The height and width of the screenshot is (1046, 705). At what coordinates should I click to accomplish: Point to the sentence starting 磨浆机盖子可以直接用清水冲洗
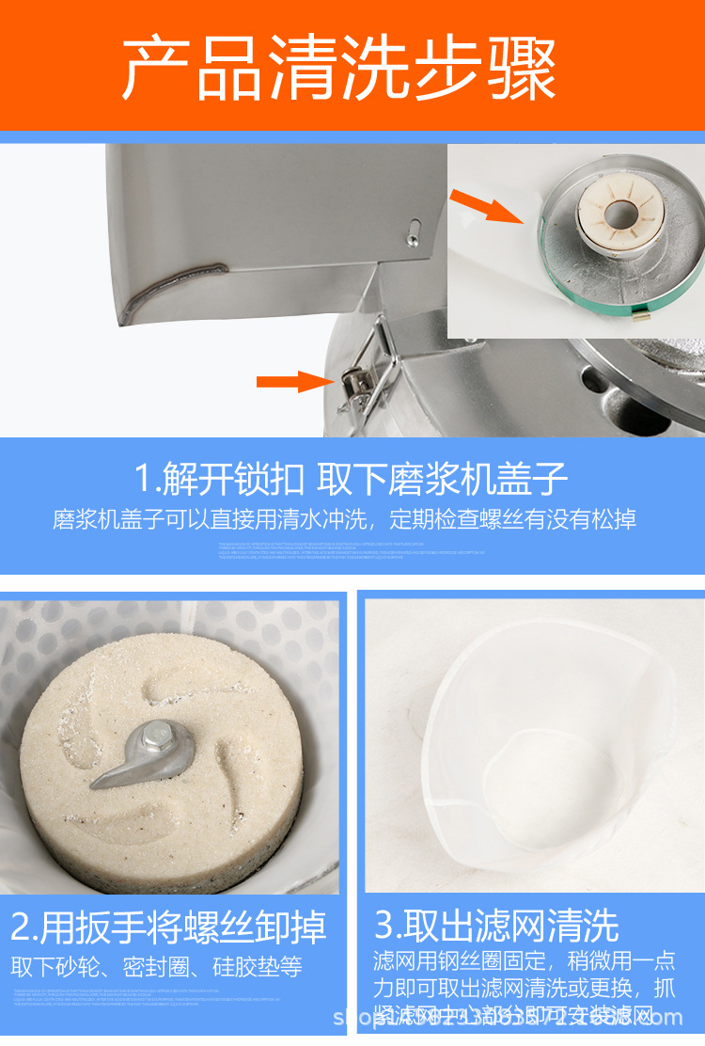pos(344,519)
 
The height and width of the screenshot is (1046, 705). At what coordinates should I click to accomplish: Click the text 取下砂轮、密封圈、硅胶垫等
pos(156,967)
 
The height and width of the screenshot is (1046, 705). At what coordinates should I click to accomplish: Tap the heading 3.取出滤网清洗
pos(496,926)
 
